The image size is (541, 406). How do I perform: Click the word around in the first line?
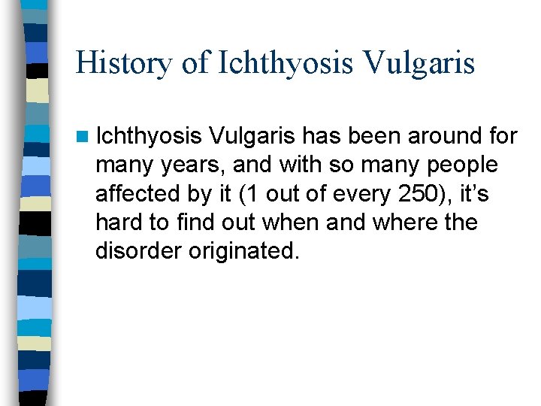(x=443, y=136)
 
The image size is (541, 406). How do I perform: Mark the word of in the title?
(x=194, y=63)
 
